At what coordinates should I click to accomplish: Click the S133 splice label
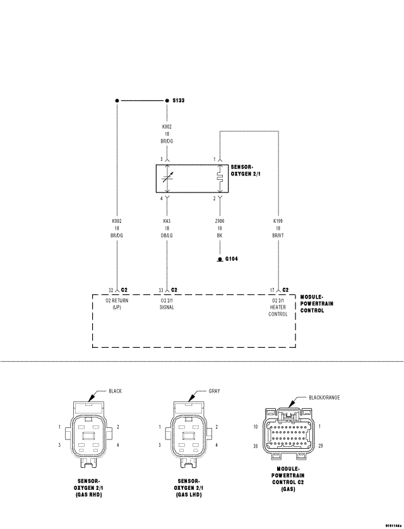[x=178, y=101]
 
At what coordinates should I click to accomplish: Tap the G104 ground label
[x=230, y=259]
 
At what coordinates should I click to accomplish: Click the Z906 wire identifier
[x=219, y=222]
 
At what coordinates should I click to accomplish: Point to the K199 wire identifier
[x=278, y=222]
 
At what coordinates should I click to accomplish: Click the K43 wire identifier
[x=167, y=222]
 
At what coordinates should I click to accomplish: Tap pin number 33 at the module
[x=161, y=290]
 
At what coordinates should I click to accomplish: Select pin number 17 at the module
[x=271, y=290]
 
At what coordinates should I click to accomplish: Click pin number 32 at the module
[x=110, y=290]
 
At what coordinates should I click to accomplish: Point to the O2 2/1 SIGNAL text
[x=167, y=304]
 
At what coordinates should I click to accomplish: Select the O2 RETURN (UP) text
[x=116, y=304]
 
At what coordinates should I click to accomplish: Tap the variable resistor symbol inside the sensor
[x=167, y=179]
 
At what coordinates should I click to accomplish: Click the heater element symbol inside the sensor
[x=219, y=179]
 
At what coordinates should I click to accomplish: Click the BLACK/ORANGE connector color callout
[x=324, y=397]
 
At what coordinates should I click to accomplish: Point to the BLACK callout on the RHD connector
[x=115, y=391]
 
